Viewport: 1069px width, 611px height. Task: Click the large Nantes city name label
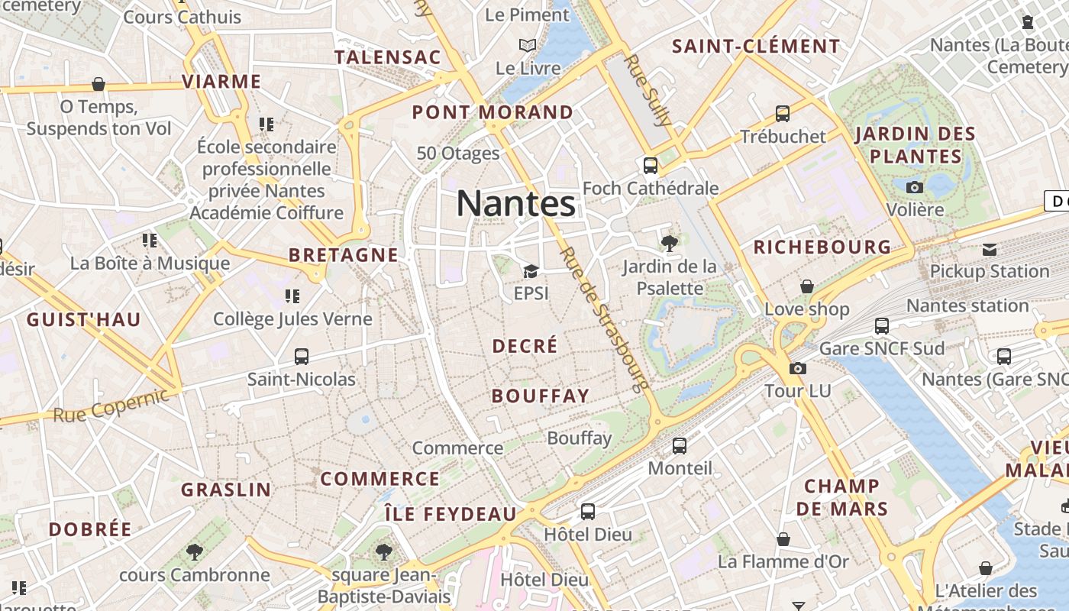tap(516, 204)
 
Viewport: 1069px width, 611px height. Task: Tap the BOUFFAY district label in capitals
tap(541, 396)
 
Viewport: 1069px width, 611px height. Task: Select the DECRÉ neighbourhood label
tap(525, 346)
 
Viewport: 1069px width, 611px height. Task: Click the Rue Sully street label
tap(649, 89)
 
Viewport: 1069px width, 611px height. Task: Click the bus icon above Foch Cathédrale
tap(651, 165)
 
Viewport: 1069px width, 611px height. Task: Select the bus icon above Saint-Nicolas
tap(302, 356)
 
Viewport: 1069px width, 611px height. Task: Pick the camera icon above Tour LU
tap(798, 368)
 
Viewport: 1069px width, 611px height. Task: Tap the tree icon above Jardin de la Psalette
tap(670, 244)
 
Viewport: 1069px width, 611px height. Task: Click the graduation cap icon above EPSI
tap(531, 271)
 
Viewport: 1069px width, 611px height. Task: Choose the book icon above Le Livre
tap(528, 45)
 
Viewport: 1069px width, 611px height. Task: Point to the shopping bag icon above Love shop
tap(807, 286)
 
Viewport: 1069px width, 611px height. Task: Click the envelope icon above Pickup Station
tap(990, 249)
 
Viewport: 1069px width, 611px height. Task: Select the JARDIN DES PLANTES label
tap(916, 145)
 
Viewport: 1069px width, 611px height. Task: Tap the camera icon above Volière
tap(915, 187)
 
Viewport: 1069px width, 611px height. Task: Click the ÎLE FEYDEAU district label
tap(451, 514)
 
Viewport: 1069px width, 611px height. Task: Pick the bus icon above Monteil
tap(680, 446)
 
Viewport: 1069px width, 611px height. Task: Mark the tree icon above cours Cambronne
tap(195, 551)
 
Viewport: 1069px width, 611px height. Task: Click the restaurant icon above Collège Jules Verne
tap(292, 296)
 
